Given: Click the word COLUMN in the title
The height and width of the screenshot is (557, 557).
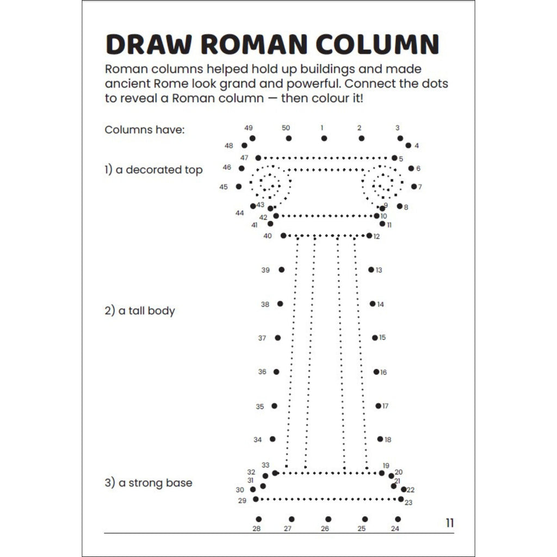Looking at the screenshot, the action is [x=377, y=45].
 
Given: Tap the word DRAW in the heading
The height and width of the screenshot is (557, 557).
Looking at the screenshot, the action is [x=149, y=45].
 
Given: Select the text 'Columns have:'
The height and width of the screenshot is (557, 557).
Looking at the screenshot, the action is [x=145, y=129].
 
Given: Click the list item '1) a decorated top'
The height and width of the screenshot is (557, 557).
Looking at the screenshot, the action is [x=153, y=170].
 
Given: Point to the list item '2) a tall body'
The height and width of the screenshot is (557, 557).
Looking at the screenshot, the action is [x=140, y=311].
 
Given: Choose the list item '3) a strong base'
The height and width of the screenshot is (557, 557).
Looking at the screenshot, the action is [x=148, y=483].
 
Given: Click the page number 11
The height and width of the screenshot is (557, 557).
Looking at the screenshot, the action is [x=450, y=523].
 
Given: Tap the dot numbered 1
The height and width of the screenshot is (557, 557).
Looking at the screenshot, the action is [x=324, y=138].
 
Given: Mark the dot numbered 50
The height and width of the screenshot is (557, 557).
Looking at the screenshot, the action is [x=289, y=138].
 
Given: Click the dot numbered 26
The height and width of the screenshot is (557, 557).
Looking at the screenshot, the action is [x=328, y=519].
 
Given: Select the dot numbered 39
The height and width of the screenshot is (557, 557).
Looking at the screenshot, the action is [x=282, y=270].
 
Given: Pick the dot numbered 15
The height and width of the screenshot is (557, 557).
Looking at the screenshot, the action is [x=375, y=337].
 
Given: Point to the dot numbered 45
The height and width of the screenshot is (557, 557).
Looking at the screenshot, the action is [x=239, y=187].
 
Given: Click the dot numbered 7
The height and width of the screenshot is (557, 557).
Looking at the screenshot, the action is [x=414, y=187].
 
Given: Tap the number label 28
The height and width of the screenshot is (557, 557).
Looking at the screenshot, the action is [x=257, y=529].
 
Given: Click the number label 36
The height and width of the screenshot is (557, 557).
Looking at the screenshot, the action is [x=262, y=372].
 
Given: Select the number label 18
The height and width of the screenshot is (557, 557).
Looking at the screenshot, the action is [x=388, y=440].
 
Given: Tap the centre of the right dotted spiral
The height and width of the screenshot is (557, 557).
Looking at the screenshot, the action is [x=382, y=185].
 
